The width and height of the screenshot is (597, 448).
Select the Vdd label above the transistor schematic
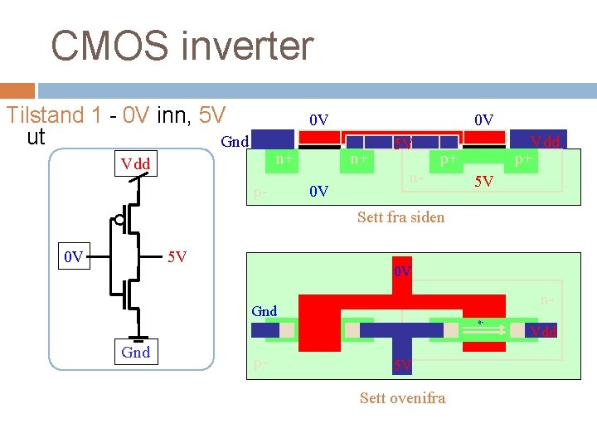(x=135, y=164)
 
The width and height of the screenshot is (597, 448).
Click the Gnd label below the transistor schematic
(x=135, y=353)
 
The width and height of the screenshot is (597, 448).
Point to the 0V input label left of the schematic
(x=75, y=257)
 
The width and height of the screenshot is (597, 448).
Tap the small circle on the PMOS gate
(x=120, y=220)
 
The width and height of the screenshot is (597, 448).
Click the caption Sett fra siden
(x=400, y=217)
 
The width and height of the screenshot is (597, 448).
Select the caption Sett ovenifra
(x=402, y=398)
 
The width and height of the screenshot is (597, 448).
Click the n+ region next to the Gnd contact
(x=285, y=158)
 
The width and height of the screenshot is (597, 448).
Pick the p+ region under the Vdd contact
(x=523, y=158)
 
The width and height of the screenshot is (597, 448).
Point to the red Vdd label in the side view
(x=546, y=142)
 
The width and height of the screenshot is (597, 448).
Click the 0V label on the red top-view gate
(x=403, y=272)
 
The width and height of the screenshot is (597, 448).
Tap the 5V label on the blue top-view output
(x=402, y=365)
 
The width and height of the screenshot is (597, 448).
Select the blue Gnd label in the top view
(x=265, y=311)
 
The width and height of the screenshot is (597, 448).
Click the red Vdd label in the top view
(x=544, y=332)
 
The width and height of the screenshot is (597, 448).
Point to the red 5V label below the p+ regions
(x=483, y=181)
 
